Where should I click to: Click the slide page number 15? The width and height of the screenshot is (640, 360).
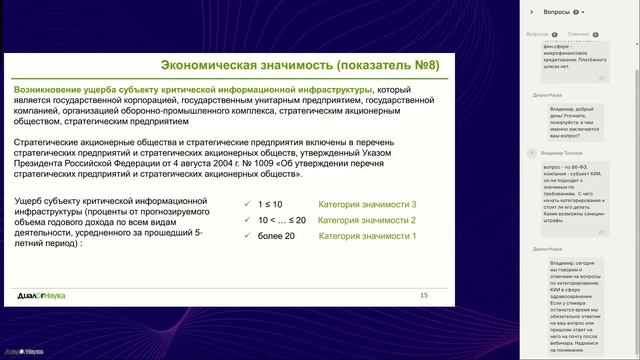(423, 295)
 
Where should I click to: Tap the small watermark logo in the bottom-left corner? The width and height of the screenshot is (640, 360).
(20, 353)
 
